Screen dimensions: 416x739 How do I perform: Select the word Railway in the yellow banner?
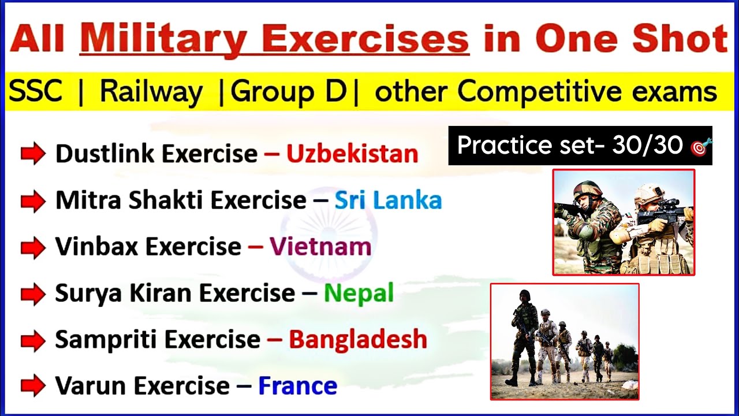pyautogui.click(x=151, y=91)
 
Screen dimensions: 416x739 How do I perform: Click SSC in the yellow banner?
pyautogui.click(x=36, y=91)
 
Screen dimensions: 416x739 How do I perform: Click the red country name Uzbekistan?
pyautogui.click(x=352, y=154)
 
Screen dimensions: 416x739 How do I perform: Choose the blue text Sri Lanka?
pyautogui.click(x=388, y=200)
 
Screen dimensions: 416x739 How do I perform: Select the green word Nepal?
pyautogui.click(x=359, y=294)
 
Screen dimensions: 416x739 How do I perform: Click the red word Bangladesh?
pyautogui.click(x=358, y=340)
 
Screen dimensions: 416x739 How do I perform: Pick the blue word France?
pyautogui.click(x=297, y=386)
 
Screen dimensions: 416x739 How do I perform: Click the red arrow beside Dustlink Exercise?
pyautogui.click(x=33, y=154)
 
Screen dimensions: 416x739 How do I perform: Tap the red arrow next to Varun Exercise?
pyautogui.click(x=33, y=386)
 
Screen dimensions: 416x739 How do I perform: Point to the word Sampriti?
pyautogui.click(x=104, y=340)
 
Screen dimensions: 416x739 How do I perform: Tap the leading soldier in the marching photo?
pyautogui.click(x=524, y=335)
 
